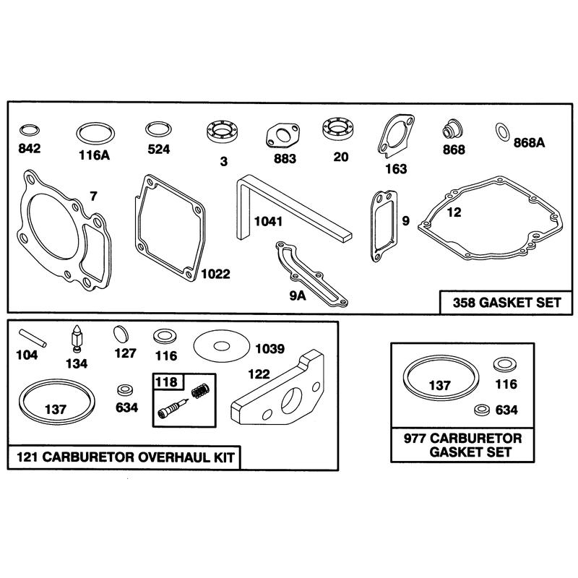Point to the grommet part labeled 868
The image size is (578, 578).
(x=452, y=129)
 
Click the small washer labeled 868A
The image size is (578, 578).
(x=502, y=132)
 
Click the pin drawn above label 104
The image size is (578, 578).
(x=33, y=337)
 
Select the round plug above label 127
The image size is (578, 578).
(x=121, y=335)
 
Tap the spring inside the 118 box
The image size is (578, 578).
(x=201, y=389)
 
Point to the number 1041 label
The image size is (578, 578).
(x=268, y=222)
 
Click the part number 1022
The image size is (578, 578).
(x=215, y=274)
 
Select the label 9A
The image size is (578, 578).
(x=298, y=296)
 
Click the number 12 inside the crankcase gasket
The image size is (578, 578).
(x=454, y=212)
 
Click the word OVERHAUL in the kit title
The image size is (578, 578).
(x=173, y=457)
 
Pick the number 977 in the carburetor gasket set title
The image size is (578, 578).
(x=415, y=439)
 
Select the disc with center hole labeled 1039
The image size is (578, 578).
(x=222, y=345)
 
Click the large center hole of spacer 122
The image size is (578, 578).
(x=293, y=400)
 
